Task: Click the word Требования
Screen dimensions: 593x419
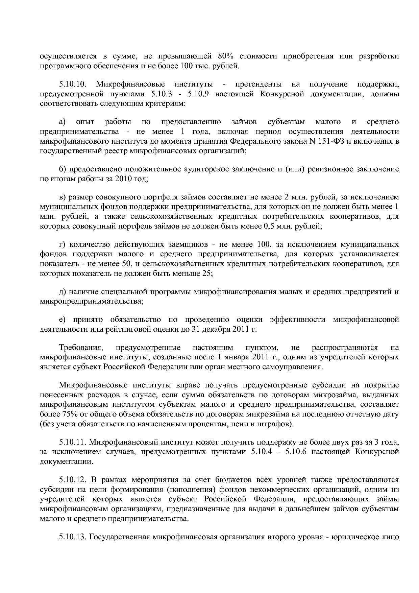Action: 80,348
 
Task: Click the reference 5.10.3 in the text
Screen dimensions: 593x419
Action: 163,94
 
